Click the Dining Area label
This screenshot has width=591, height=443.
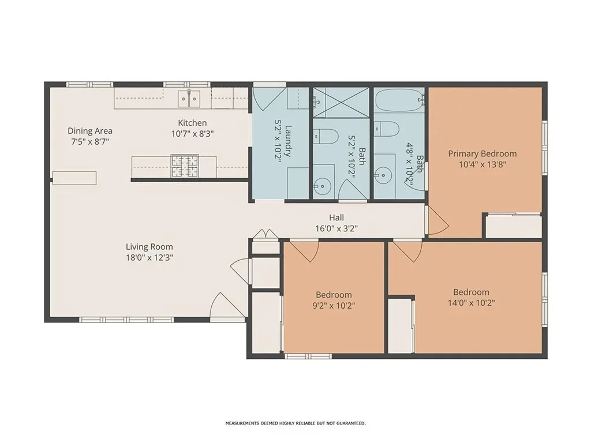(x=89, y=131)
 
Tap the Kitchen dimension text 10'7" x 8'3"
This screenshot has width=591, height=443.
(x=192, y=134)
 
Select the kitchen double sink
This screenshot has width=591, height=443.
(x=189, y=99)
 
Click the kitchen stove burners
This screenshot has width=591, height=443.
(x=185, y=166)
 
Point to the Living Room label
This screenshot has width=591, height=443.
(x=149, y=247)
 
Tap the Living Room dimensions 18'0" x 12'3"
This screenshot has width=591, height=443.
(x=149, y=258)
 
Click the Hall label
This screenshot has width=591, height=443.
(x=336, y=217)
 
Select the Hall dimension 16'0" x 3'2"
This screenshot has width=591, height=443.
(x=336, y=228)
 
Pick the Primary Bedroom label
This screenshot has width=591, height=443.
(x=482, y=153)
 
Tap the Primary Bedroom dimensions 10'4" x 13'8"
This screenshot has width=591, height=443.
(x=482, y=164)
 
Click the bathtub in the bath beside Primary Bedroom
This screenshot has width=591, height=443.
(x=399, y=100)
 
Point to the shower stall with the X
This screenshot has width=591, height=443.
(x=341, y=102)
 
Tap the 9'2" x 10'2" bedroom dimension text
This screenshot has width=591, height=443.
(x=334, y=306)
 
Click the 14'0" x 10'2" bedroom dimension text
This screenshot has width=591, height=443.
(x=471, y=303)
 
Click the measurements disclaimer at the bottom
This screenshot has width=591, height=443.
(x=295, y=423)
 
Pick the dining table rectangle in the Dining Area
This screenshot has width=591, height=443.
(x=74, y=178)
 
